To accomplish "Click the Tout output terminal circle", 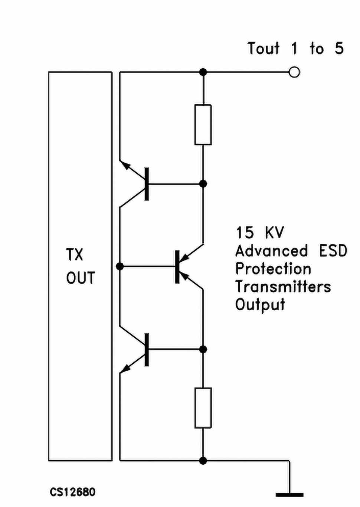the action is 294,72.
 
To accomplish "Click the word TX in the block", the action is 75,255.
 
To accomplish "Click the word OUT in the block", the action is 81,278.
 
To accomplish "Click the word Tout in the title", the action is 264,48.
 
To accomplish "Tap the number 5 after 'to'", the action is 339,48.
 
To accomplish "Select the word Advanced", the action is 272,251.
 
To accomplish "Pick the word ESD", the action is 333,251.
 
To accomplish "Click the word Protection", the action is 273,269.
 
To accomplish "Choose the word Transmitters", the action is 283,287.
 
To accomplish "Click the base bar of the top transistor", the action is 147,184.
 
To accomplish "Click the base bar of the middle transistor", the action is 177,266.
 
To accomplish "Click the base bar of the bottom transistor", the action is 147,350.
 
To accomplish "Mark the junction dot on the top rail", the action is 203,72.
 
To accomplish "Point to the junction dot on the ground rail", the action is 203,460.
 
